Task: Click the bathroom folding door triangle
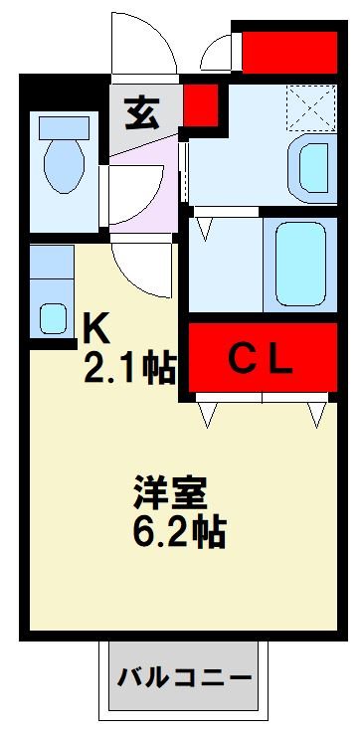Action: tap(206, 229)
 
